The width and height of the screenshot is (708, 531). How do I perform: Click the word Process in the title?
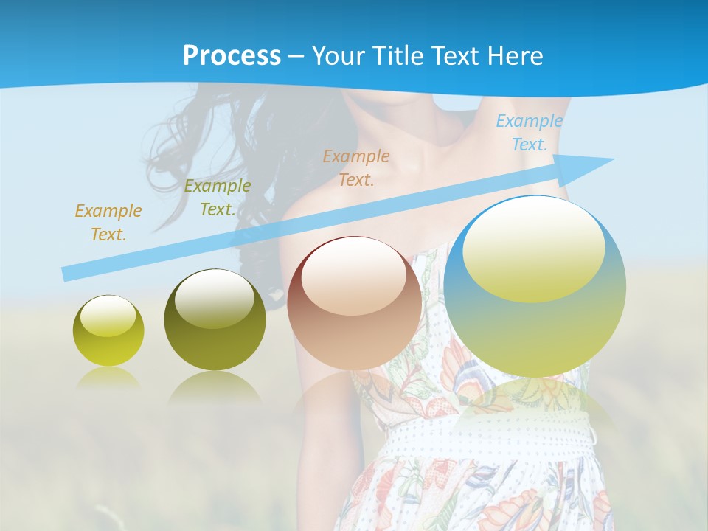click(232, 56)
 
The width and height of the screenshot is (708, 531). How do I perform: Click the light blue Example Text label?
click(530, 133)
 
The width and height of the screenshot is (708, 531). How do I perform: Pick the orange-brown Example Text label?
click(356, 167)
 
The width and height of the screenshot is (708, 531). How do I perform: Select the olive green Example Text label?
click(218, 198)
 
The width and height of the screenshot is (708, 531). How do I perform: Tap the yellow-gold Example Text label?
click(108, 223)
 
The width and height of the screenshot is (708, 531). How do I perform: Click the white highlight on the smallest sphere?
click(108, 316)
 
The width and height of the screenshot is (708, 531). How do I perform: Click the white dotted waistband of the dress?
click(487, 442)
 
